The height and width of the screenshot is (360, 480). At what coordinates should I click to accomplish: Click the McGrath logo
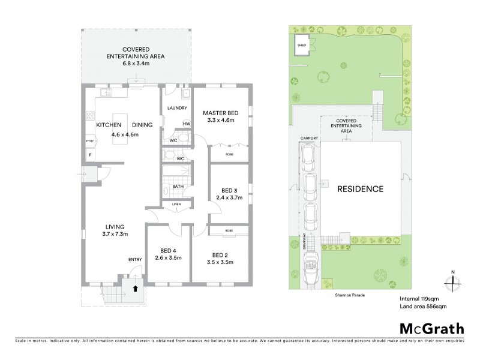(x=431, y=328)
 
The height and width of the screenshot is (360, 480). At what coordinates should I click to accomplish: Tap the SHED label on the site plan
(x=301, y=44)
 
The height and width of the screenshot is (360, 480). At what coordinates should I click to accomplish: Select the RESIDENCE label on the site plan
(x=360, y=189)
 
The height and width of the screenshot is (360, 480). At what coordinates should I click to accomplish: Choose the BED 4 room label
(x=168, y=251)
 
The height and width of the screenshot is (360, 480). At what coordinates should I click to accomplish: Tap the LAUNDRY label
(x=178, y=109)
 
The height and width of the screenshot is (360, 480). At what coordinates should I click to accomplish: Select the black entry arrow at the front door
(x=135, y=287)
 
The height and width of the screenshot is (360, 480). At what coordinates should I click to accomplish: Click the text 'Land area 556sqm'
(x=423, y=306)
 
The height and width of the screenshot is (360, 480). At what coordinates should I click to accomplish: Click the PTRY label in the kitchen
(x=89, y=140)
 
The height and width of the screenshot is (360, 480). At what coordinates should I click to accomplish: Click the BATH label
(x=178, y=186)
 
